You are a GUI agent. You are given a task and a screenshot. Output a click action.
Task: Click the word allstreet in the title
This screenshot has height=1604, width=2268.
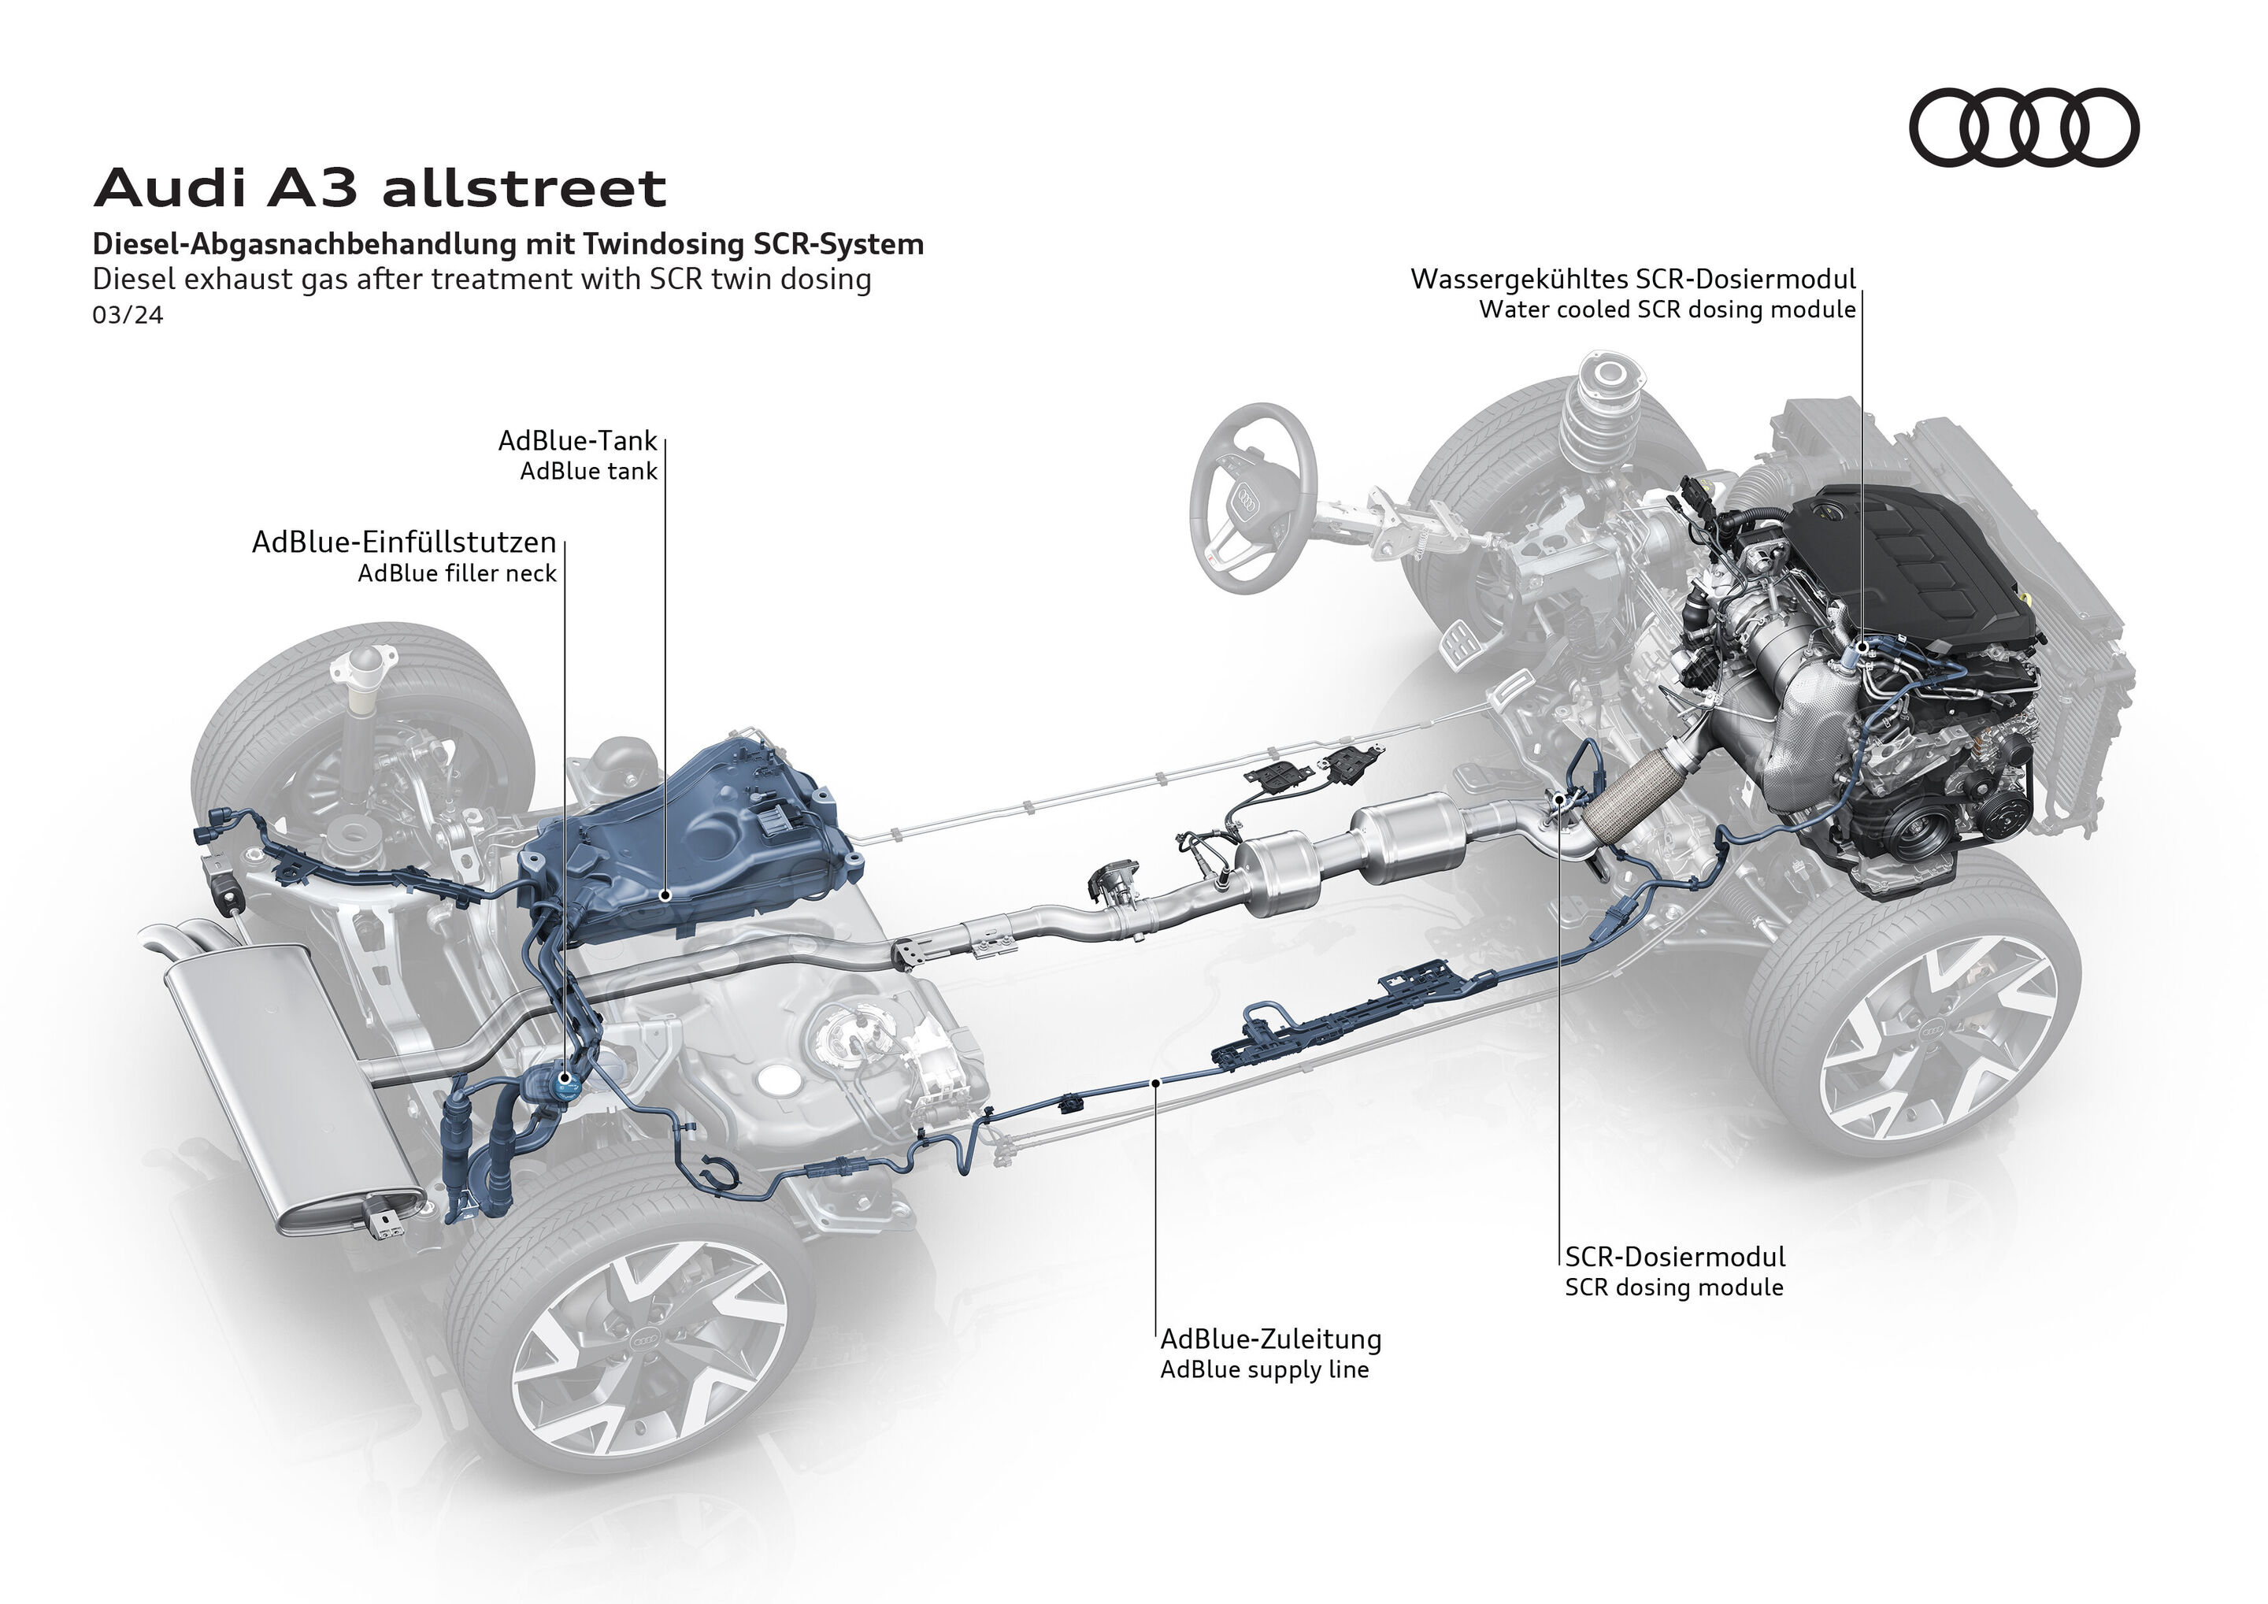point(524,187)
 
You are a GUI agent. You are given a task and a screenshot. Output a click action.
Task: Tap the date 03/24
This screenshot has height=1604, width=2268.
point(128,315)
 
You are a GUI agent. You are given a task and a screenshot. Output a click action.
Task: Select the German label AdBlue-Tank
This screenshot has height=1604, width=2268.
point(577,440)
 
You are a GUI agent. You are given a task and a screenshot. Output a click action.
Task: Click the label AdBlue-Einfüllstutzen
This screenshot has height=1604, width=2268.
point(404,543)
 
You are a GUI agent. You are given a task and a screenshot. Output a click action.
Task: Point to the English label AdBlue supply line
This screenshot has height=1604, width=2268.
point(1265,1370)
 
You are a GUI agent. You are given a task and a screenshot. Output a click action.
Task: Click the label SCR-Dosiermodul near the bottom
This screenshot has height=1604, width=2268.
point(1674,1258)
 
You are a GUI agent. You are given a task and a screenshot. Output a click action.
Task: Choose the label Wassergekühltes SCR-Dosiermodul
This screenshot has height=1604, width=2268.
point(1632,280)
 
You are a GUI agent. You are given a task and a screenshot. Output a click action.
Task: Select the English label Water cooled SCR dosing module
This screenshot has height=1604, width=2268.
point(1666,310)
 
